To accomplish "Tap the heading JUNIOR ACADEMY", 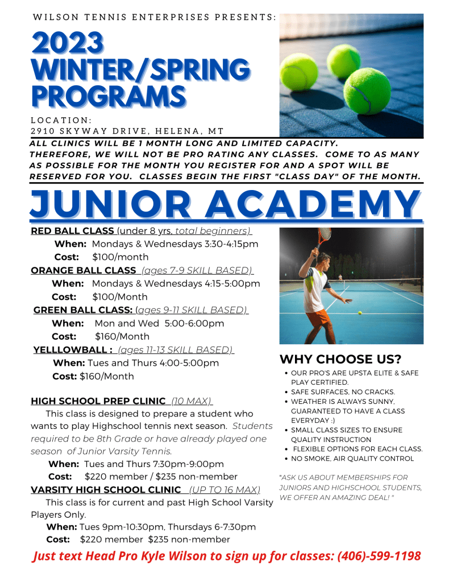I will [x=225, y=203].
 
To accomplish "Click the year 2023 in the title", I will [x=69, y=44].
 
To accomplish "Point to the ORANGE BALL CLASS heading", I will [x=84, y=270].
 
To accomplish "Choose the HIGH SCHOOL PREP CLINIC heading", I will [x=98, y=401].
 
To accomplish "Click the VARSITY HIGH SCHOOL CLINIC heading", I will [x=106, y=490].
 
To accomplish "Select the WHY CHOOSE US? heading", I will [x=340, y=360].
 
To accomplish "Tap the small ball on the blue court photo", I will [x=360, y=312].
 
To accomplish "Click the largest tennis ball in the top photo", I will [x=367, y=92].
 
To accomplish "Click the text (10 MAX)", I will [x=192, y=401].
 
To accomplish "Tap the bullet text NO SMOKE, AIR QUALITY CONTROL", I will [x=352, y=459].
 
